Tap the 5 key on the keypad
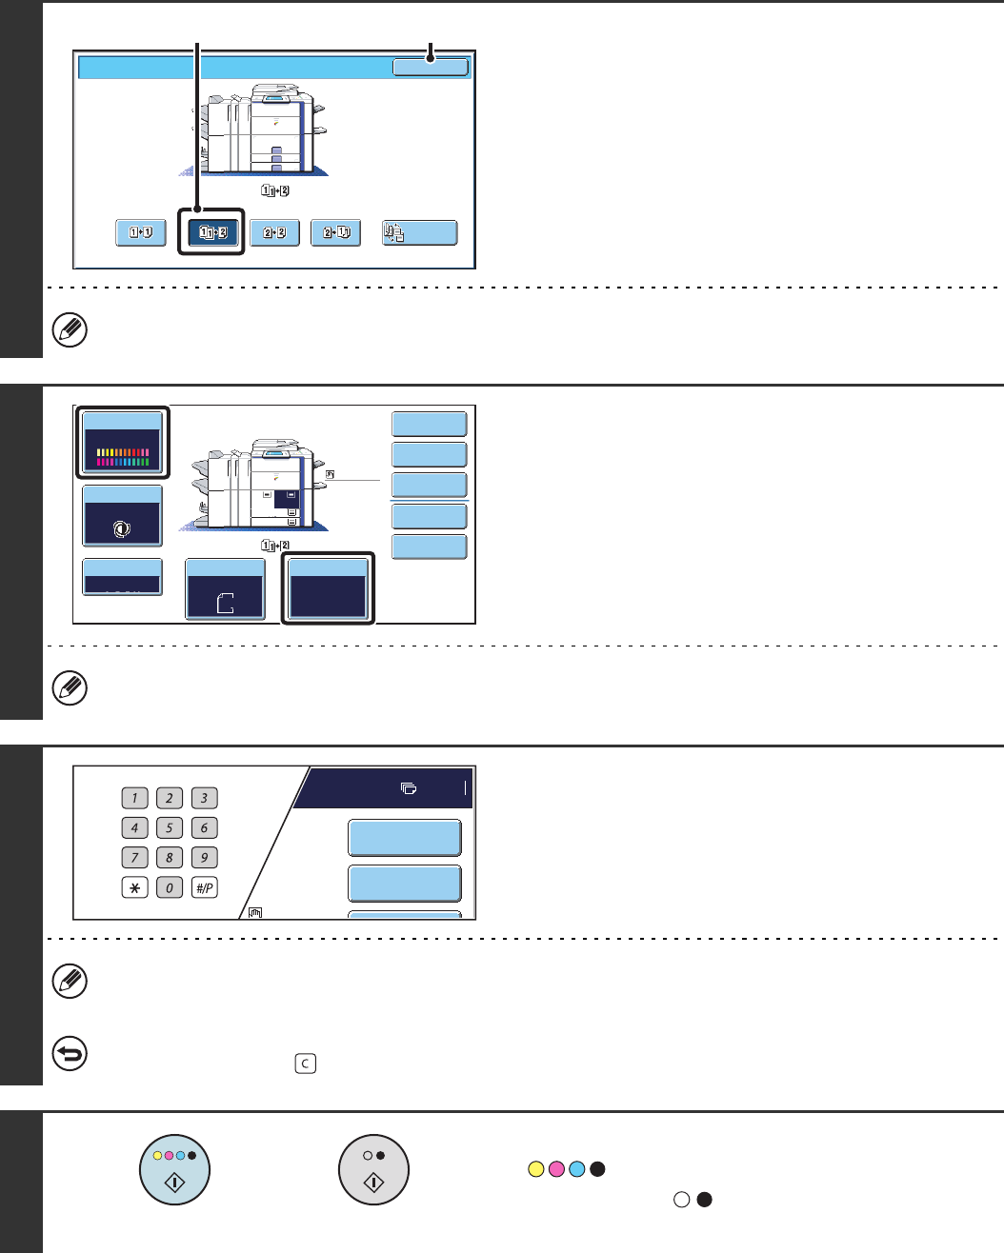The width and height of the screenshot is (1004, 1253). (170, 828)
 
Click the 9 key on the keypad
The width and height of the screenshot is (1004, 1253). (204, 858)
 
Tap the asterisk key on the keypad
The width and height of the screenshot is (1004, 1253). (134, 887)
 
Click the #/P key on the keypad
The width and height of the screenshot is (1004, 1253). (204, 887)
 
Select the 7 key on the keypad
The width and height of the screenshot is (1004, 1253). (134, 858)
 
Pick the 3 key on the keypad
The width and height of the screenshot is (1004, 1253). (204, 798)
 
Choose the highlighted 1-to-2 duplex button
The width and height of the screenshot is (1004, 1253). (212, 232)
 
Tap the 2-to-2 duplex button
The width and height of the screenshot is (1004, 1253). (274, 232)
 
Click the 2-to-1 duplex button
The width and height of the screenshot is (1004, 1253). (335, 232)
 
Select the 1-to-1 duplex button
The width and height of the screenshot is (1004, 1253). (140, 232)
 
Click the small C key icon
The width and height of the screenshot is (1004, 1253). (305, 1064)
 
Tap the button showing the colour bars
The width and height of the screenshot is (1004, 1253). (122, 444)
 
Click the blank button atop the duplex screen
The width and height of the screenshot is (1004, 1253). (431, 67)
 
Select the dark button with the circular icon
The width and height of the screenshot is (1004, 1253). (122, 516)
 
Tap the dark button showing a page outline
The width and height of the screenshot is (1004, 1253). (225, 589)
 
